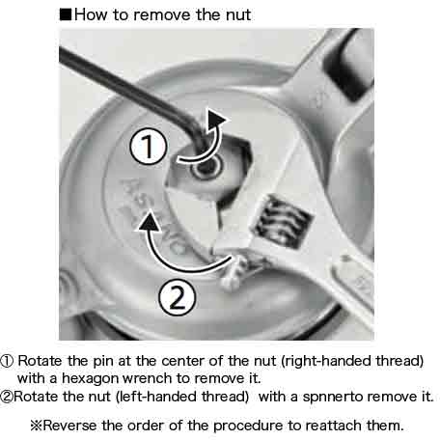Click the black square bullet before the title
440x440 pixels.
click(x=66, y=15)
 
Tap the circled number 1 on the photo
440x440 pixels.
click(x=149, y=147)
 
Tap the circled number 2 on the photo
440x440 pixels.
click(x=177, y=297)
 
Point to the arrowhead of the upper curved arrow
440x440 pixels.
click(x=216, y=119)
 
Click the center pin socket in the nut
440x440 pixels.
click(x=206, y=167)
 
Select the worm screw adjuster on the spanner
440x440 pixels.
click(x=283, y=222)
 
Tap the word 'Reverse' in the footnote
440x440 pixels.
click(x=69, y=426)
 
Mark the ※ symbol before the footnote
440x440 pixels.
click(x=37, y=426)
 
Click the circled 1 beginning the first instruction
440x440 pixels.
click(x=7, y=361)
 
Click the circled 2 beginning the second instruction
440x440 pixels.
click(x=7, y=397)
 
